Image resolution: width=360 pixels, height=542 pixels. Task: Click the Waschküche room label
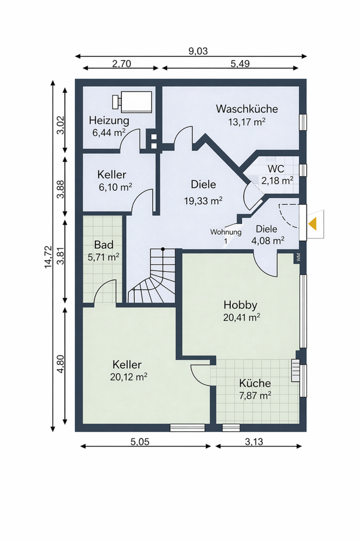coord(247,109)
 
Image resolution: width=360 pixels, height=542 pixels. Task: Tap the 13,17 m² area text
coord(247,122)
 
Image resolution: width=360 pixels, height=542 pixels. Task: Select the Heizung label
coord(109,121)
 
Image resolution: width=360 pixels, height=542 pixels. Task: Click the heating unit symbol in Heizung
coord(132,102)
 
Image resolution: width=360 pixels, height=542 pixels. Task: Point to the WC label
coord(276,169)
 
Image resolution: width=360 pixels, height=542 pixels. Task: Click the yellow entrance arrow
coord(313,224)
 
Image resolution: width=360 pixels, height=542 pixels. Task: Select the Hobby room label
coord(240,305)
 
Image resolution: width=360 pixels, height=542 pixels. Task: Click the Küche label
coord(255,383)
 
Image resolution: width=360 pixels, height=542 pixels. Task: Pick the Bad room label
coord(104,245)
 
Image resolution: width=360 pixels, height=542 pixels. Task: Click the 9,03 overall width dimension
coord(198,51)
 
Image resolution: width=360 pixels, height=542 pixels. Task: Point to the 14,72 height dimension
coord(48,257)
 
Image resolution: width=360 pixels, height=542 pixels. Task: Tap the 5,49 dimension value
coord(240,63)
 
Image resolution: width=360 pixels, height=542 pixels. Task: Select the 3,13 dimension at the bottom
coord(254,441)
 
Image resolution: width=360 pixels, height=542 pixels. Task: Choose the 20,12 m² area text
coord(128,377)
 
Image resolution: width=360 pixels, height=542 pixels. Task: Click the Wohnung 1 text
coord(226,236)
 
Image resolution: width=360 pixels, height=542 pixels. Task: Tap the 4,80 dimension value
coord(61,364)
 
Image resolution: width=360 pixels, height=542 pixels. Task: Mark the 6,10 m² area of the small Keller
coord(115,187)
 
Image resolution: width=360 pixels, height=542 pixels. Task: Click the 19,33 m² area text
coord(203,201)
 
